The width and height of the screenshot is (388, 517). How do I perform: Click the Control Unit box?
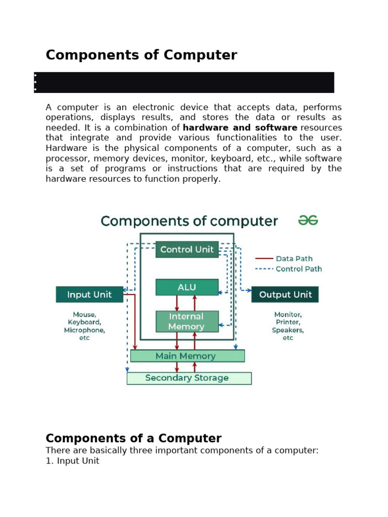(187, 249)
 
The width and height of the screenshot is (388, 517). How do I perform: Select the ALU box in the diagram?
(187, 287)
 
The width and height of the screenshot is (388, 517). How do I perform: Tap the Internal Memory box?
(187, 322)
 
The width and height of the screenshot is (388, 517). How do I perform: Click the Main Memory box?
(187, 356)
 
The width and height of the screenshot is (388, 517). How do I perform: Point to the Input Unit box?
(89, 294)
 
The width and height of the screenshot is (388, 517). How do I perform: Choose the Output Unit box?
(285, 294)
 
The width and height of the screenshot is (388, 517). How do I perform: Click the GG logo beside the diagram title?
(308, 221)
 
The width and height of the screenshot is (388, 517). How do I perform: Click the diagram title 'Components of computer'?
(189, 221)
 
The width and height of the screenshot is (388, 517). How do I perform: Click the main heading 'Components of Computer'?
(141, 55)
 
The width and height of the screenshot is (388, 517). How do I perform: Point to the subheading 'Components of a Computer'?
(133, 438)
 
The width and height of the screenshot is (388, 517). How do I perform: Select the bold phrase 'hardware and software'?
(240, 128)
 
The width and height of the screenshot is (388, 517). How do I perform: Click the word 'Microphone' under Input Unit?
(84, 330)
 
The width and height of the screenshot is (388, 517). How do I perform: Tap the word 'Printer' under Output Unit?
(287, 322)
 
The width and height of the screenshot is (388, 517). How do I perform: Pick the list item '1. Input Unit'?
(72, 460)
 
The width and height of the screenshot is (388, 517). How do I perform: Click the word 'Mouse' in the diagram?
(84, 314)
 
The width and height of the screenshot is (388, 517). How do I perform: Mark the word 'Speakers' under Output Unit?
(287, 330)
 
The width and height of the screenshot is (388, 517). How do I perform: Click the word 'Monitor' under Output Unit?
(287, 314)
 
